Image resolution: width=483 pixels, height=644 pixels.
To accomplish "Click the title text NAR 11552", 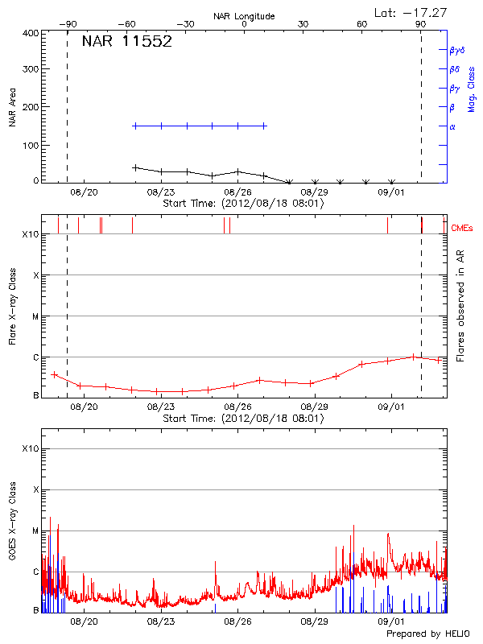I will tap(127, 42).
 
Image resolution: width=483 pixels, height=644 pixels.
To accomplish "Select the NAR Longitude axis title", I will tap(244, 16).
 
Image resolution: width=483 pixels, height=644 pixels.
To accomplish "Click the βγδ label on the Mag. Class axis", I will tap(457, 50).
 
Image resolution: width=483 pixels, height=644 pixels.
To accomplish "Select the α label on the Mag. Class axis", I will tap(452, 126).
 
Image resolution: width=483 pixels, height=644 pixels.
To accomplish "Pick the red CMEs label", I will tap(464, 229).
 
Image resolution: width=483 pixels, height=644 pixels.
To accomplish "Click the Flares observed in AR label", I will tap(460, 306).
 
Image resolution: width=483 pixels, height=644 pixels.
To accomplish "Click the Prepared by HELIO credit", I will tap(431, 634).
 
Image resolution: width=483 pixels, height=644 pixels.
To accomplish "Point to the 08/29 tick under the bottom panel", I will tap(314, 621).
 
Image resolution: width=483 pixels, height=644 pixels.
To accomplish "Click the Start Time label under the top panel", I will tap(244, 204).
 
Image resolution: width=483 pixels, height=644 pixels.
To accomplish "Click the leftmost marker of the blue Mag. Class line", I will tap(135, 126).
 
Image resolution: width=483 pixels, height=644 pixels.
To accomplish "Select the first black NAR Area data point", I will tap(135, 167).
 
